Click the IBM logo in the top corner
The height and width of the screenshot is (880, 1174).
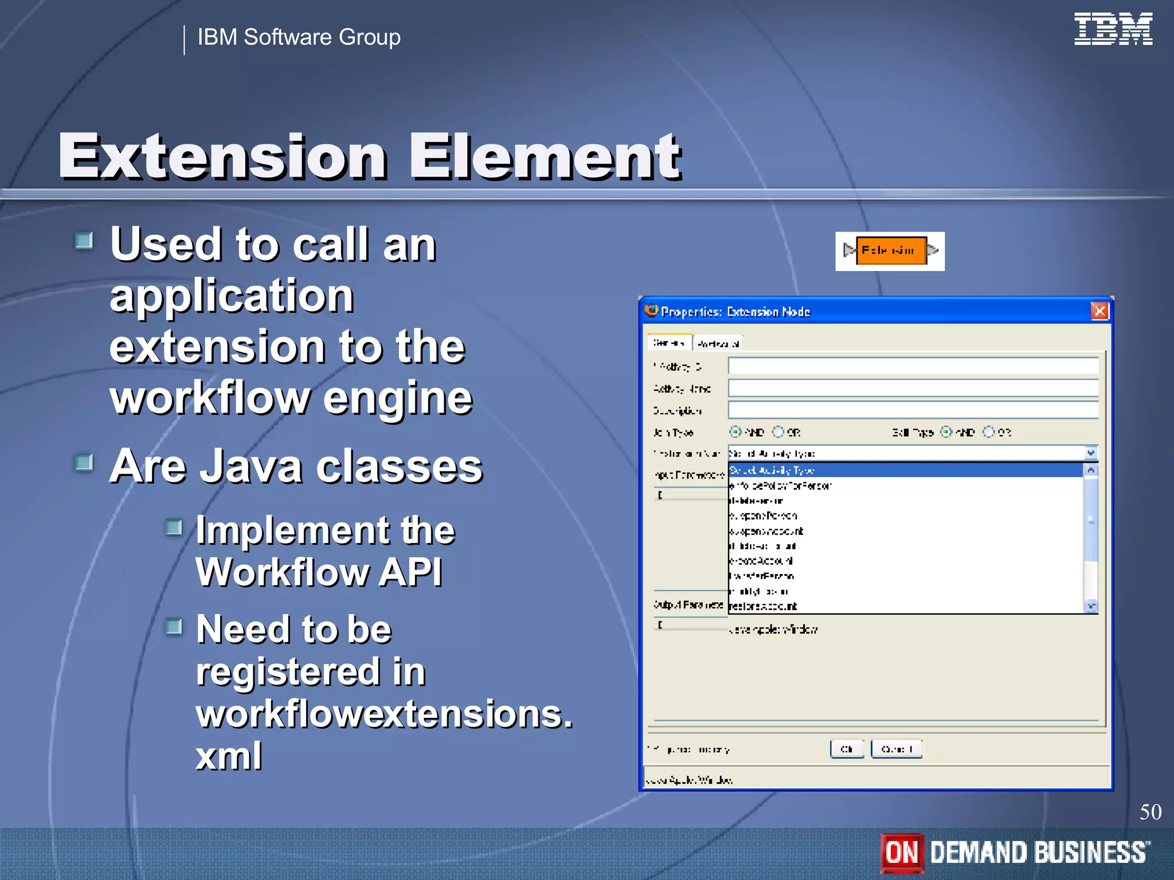point(1113,29)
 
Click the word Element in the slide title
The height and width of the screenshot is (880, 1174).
point(545,156)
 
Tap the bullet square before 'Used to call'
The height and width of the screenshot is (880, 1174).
point(84,241)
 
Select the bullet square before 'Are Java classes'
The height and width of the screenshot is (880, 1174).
point(84,462)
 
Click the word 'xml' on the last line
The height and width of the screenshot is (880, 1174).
point(229,756)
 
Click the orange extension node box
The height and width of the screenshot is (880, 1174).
point(891,251)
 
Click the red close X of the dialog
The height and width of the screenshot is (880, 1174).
point(1099,311)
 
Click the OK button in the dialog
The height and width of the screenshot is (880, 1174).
point(847,749)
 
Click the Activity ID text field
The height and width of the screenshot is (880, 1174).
point(913,366)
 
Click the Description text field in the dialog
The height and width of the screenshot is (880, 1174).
point(913,410)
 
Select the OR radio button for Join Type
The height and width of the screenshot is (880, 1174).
point(778,431)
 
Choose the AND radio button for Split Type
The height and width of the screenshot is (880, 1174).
point(946,431)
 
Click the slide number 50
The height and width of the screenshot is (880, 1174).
point(1150,812)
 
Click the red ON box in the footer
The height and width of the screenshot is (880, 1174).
point(902,852)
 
